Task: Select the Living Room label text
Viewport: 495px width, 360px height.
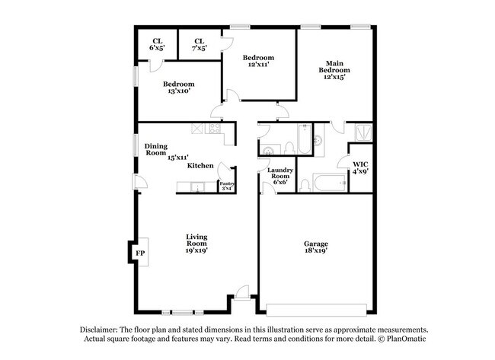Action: click(x=196, y=243)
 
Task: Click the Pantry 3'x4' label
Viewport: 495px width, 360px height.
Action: click(x=227, y=186)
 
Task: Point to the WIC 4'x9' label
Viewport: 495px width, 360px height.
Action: click(x=359, y=168)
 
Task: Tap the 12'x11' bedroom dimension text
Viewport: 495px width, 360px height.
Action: click(x=257, y=65)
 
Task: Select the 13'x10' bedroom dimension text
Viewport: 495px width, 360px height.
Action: click(x=178, y=91)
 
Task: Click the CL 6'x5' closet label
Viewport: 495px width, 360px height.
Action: click(x=158, y=44)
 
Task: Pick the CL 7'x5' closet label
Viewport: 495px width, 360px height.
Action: click(x=200, y=44)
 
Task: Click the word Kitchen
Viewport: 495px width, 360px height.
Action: click(x=200, y=165)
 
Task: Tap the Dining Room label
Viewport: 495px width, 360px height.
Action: click(x=156, y=149)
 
